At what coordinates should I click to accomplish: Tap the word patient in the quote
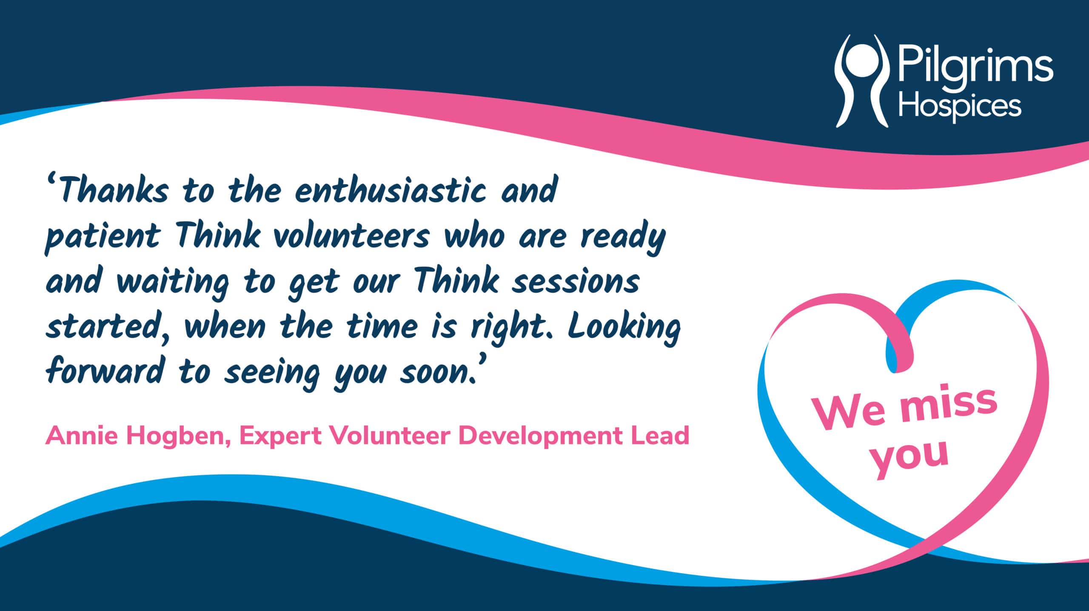pos(102,238)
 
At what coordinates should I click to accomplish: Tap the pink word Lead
pos(659,435)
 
